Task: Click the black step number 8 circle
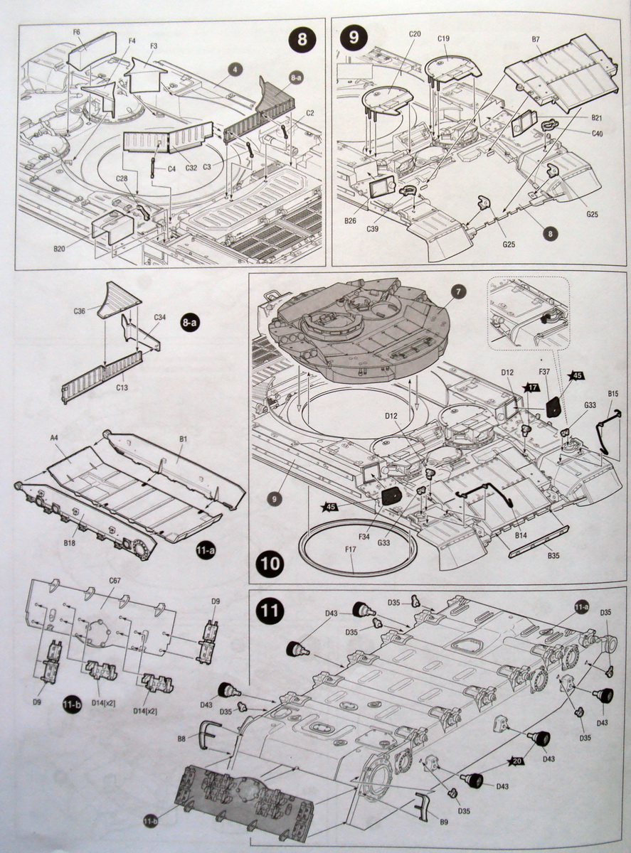[302, 39]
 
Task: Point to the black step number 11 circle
[271, 610]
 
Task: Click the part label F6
[76, 32]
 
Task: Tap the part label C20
[415, 33]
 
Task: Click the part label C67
[114, 581]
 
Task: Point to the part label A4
[54, 439]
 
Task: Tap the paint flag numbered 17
[530, 387]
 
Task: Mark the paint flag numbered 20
[516, 762]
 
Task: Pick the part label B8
[181, 739]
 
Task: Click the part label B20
[59, 250]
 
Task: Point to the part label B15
[613, 394]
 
